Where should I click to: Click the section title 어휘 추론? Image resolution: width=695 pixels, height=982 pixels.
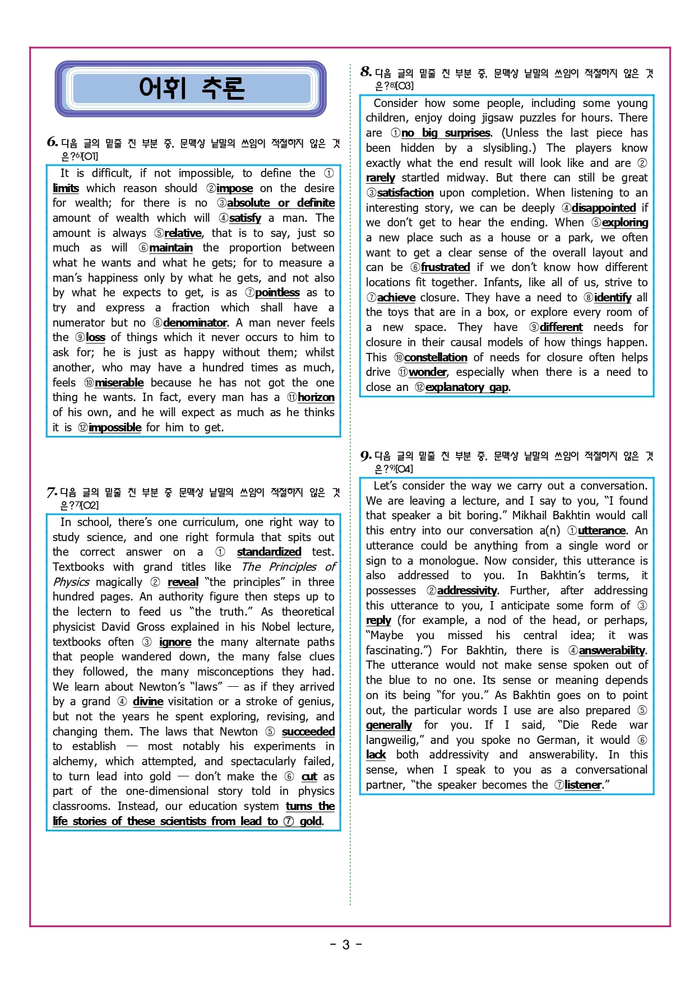(x=191, y=88)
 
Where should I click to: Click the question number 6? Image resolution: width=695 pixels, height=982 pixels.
(x=52, y=142)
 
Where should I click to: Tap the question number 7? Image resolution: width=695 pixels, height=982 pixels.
(x=52, y=492)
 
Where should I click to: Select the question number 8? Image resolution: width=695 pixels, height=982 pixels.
(x=365, y=72)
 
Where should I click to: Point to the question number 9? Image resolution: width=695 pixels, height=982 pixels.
(x=365, y=455)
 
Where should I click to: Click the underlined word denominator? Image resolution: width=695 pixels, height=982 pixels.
(x=195, y=323)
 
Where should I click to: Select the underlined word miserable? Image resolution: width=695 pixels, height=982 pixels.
(x=119, y=383)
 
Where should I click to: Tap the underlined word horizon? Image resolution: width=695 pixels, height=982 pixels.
(x=316, y=397)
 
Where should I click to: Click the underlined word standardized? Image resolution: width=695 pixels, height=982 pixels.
(x=269, y=552)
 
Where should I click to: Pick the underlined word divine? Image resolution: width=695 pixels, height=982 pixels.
(x=148, y=701)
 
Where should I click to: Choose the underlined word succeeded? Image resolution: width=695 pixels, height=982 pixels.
(x=308, y=732)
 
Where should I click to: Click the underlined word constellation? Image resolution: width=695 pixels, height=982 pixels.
(x=435, y=357)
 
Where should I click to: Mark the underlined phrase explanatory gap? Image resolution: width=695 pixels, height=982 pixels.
(x=467, y=387)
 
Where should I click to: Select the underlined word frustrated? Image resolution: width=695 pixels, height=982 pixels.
(x=445, y=267)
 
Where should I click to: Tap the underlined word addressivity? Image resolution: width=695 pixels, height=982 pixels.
(x=467, y=590)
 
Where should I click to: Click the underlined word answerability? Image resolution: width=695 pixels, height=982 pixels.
(x=612, y=650)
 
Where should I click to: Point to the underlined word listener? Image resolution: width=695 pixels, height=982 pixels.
(x=583, y=785)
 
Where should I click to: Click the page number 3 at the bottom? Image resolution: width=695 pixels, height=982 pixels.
(x=346, y=945)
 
